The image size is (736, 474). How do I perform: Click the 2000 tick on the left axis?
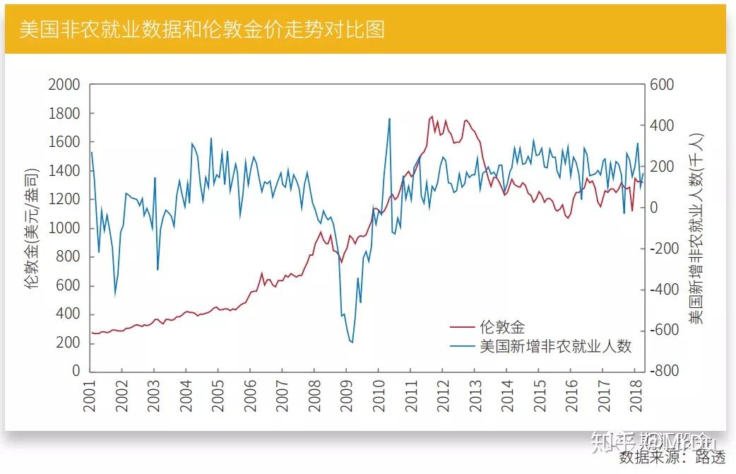click(64, 85)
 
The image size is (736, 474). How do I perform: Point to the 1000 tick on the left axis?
click(64, 228)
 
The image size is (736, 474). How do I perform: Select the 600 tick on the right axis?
click(663, 85)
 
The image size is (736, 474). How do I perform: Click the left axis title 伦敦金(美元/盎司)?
click(30, 228)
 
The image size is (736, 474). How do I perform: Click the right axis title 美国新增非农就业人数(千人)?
click(696, 228)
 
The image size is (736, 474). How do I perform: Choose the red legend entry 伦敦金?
click(502, 326)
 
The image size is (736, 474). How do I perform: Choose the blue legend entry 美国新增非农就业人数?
click(555, 346)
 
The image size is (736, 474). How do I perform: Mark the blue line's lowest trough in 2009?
click(351, 343)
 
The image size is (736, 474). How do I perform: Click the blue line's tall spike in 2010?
click(389, 119)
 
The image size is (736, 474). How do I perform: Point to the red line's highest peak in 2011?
click(432, 117)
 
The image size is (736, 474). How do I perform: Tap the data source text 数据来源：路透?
click(672, 458)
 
